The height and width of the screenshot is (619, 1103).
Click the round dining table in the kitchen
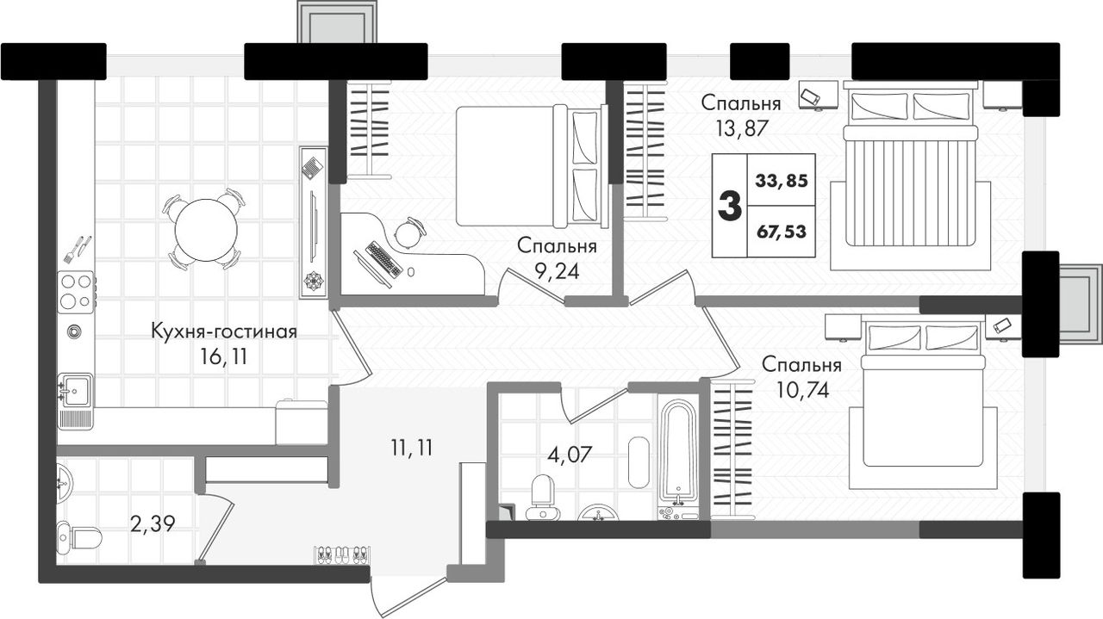[x=206, y=230]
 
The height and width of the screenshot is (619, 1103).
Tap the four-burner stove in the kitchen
[x=76, y=292]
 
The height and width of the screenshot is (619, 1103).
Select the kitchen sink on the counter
[x=75, y=390]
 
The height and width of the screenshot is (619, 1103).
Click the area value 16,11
[x=223, y=357]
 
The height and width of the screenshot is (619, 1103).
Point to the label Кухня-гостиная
[x=224, y=331]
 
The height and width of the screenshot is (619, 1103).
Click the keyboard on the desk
[x=383, y=259]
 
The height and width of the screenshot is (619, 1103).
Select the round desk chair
[x=408, y=233]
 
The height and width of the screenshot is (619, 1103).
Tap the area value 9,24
[x=558, y=271]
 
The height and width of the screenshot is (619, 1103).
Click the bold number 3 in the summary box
[x=730, y=206]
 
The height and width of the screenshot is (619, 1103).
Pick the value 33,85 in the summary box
[x=782, y=181]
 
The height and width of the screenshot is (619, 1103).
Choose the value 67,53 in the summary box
[x=782, y=231]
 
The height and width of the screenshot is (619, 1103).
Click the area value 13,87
[x=742, y=129]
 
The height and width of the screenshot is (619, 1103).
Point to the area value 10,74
[x=802, y=390]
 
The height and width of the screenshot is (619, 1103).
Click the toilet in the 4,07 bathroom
[x=543, y=498]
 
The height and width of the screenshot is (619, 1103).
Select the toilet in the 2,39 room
[x=79, y=537]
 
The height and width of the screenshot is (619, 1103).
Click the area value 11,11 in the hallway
[x=412, y=449]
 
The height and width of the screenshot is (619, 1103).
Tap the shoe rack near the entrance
[x=343, y=555]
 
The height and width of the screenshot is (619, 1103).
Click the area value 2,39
[x=153, y=524]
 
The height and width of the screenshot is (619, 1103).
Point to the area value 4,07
[x=570, y=455]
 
